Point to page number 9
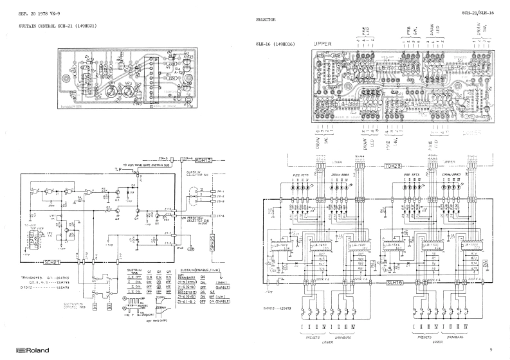point(490,350)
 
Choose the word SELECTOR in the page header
point(266,20)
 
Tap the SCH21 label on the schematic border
point(52,263)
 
